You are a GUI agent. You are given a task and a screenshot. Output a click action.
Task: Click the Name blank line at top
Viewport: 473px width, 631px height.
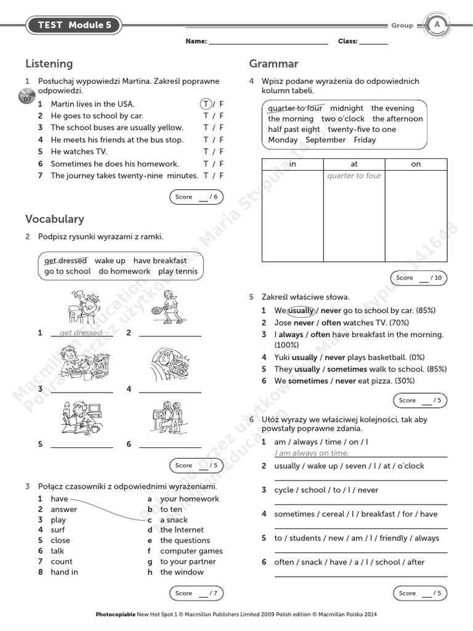click(x=269, y=42)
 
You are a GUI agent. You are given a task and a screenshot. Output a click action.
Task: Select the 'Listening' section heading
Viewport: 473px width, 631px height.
click(x=49, y=63)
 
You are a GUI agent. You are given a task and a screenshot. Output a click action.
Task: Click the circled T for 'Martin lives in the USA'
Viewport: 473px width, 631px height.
click(x=206, y=104)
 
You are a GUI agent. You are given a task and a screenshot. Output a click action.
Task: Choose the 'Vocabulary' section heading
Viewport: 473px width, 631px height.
click(x=55, y=219)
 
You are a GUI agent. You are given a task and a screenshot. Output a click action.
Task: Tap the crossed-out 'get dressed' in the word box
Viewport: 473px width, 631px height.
click(x=65, y=261)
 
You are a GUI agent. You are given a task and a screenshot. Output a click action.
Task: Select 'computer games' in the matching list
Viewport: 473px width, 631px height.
click(x=192, y=551)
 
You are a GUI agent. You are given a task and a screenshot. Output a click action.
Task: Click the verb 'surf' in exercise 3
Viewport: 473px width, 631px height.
click(x=58, y=530)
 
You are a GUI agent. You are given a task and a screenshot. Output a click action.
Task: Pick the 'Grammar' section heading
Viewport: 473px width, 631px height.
click(x=273, y=63)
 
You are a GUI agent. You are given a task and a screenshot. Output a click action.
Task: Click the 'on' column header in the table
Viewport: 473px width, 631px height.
click(x=416, y=164)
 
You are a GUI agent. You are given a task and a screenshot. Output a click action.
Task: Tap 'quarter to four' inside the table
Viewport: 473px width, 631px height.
click(x=354, y=176)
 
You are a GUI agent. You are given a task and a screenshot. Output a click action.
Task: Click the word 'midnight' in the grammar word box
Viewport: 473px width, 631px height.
click(x=347, y=108)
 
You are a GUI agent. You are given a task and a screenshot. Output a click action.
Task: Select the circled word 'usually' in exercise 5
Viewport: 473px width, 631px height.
click(x=301, y=311)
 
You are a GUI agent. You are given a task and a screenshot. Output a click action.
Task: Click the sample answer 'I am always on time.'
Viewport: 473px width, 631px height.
click(x=312, y=453)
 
